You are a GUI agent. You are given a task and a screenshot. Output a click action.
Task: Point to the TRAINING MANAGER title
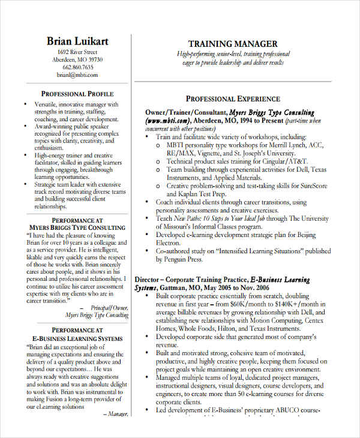click(233, 44)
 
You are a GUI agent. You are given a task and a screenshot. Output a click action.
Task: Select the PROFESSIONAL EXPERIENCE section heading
click(233, 98)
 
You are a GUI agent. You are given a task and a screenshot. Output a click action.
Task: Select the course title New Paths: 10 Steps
click(202, 219)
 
